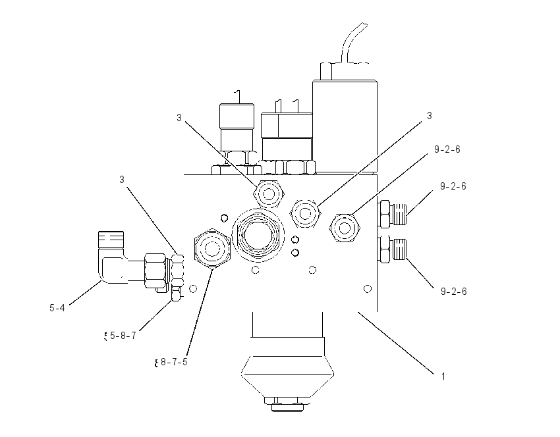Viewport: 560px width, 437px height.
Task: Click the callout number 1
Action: point(443,376)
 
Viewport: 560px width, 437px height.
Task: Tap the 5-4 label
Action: point(57,307)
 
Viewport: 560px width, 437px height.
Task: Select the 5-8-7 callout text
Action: point(123,336)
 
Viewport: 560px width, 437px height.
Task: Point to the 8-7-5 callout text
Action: point(174,362)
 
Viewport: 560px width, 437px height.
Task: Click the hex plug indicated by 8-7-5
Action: point(212,249)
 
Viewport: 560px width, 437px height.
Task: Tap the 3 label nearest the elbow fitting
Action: point(122,180)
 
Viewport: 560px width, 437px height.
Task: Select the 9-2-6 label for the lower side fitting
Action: point(453,292)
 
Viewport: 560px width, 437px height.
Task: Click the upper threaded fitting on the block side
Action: point(393,214)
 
